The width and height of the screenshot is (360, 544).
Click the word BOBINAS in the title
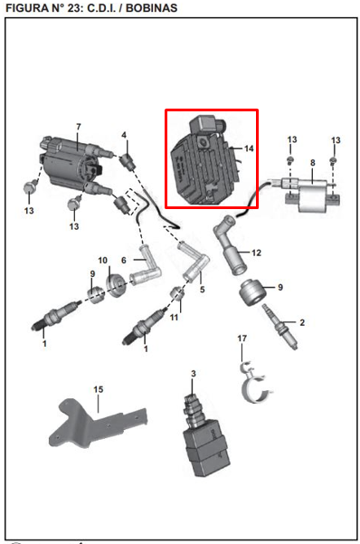click(151, 7)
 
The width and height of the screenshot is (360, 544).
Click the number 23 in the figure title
click(74, 7)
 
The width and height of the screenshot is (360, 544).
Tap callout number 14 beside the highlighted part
click(249, 148)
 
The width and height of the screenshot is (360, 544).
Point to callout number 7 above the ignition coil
click(79, 127)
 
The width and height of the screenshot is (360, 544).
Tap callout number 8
click(312, 162)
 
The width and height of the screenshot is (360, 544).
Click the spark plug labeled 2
click(279, 326)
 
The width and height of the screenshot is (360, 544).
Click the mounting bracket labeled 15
click(98, 424)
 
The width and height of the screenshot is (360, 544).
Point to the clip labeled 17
click(256, 382)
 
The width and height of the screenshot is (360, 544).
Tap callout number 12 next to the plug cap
click(256, 253)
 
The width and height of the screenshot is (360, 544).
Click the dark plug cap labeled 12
click(230, 244)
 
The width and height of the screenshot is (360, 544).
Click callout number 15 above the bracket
click(99, 389)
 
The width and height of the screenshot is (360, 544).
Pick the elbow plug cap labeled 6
click(145, 267)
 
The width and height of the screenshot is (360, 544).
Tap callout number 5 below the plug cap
click(203, 289)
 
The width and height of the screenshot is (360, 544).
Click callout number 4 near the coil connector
click(124, 135)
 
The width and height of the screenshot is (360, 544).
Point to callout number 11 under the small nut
click(174, 317)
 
